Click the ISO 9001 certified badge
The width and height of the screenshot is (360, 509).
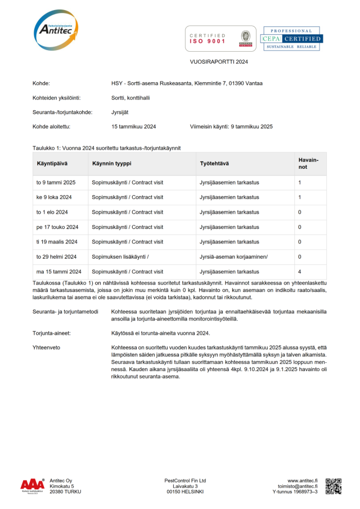[220, 38]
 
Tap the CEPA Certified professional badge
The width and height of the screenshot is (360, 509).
[291, 39]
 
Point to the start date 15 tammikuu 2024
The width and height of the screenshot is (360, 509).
[134, 127]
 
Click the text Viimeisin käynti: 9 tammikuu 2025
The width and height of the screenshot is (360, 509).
[231, 127]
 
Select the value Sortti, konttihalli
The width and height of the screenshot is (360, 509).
[130, 97]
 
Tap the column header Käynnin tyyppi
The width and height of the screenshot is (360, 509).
[111, 163]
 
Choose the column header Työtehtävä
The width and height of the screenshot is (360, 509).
[214, 163]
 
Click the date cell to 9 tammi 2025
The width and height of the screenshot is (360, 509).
[56, 183]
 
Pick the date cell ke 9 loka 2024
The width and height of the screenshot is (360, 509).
[54, 197]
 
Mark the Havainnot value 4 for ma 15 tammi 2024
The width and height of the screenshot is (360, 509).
[300, 271]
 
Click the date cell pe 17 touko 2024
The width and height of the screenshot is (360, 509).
[57, 227]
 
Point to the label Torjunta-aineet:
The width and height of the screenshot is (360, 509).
[55, 333]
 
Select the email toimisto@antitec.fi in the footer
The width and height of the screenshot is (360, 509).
[298, 487]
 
